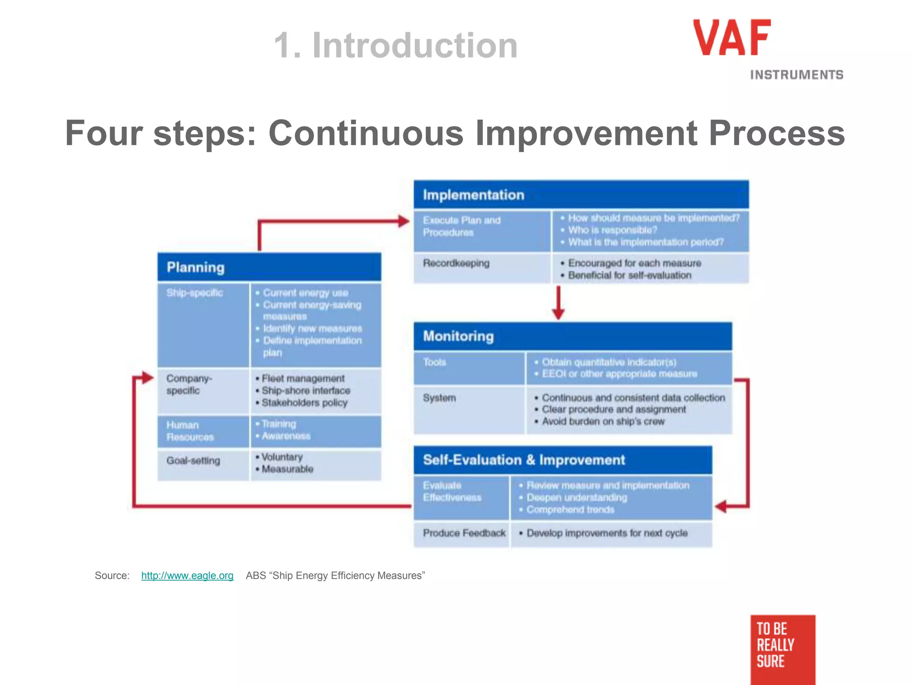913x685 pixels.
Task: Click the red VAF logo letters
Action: point(732,38)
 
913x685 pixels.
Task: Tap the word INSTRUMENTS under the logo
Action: point(796,75)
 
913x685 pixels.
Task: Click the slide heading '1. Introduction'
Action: point(395,45)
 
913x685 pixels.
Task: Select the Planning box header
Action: point(269,267)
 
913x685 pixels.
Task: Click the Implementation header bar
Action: point(580,195)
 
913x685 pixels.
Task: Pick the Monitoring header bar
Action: point(572,336)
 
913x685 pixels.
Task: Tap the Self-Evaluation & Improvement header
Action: point(563,460)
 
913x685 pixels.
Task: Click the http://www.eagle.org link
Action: point(187,575)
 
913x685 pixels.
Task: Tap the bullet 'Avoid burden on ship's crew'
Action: point(603,421)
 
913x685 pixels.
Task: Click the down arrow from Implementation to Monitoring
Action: point(558,303)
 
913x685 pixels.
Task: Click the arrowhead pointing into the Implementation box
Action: point(403,221)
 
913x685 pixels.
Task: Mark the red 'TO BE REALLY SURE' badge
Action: point(782,647)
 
